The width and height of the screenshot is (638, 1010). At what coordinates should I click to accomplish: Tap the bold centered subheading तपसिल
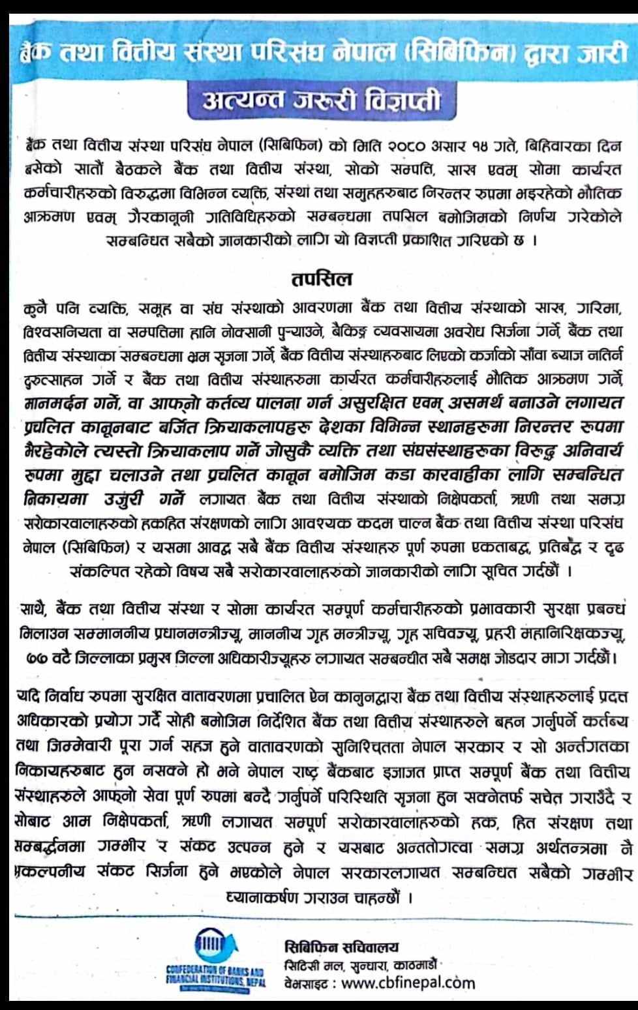tap(321, 278)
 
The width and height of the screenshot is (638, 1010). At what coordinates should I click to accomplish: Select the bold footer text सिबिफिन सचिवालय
tap(341, 947)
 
